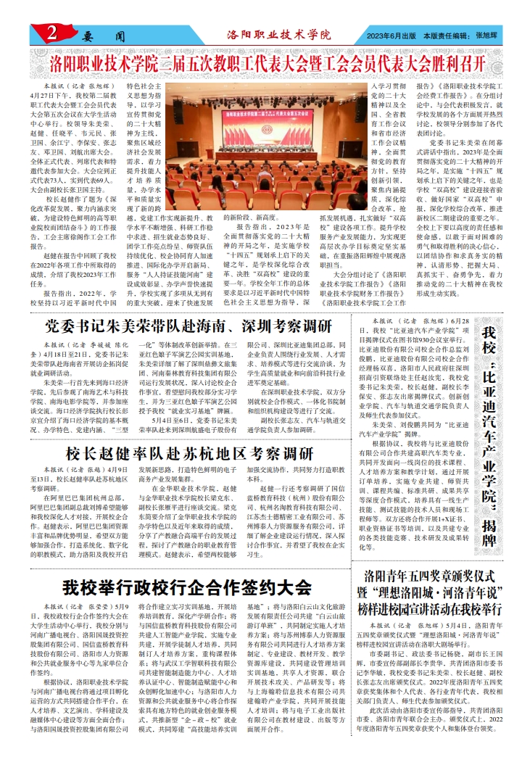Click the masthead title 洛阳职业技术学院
coord(278,34)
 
